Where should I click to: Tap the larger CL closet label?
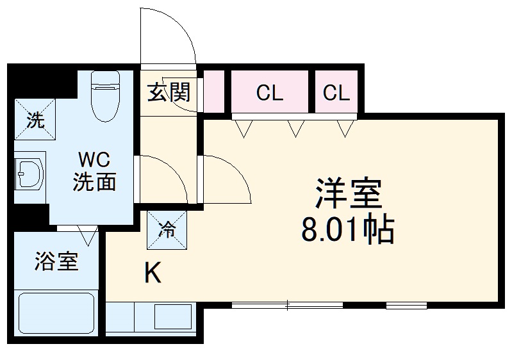click(269, 94)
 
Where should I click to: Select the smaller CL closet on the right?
click(336, 94)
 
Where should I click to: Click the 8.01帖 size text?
click(347, 229)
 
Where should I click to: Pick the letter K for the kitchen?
click(152, 274)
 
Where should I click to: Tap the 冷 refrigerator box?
click(167, 230)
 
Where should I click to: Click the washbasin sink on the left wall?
click(28, 172)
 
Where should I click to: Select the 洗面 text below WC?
click(95, 182)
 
